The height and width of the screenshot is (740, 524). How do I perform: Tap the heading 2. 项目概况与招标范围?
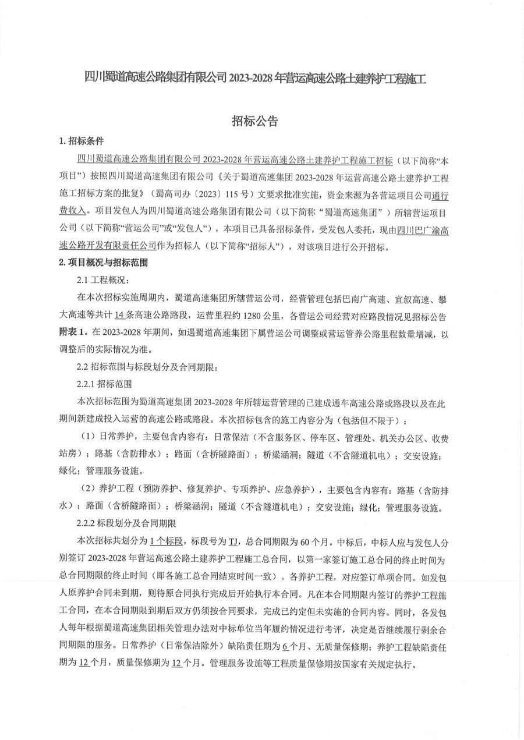pos(104,263)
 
